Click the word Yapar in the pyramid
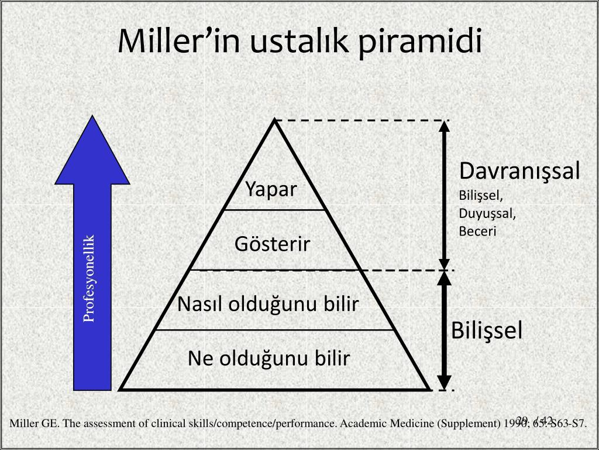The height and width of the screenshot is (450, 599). coord(271,190)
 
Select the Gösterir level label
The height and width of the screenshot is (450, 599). coord(273,244)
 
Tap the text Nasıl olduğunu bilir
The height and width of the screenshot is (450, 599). coord(268,304)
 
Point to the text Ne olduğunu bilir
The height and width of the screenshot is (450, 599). coord(269,359)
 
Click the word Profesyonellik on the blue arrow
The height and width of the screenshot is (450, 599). coord(89,278)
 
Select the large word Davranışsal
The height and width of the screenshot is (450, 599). coord(519,171)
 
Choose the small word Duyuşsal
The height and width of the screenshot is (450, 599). coord(487,213)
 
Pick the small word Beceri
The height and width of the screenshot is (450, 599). coord(477,231)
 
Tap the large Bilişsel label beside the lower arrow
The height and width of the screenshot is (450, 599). coord(486,330)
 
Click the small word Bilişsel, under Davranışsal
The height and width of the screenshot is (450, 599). coord(480,196)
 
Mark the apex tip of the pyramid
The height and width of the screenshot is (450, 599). coord(274,120)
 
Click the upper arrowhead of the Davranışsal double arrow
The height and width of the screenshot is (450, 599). coord(444,126)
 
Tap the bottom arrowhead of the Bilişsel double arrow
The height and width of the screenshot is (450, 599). coord(444,382)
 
